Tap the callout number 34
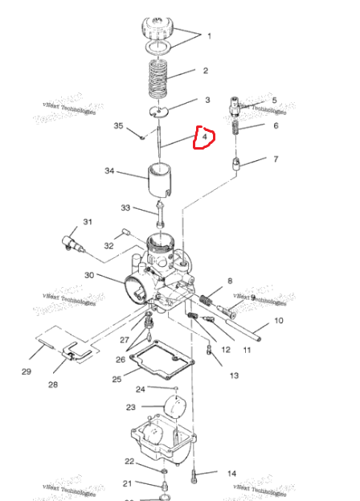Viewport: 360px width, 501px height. point(110,171)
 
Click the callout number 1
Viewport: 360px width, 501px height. point(209,36)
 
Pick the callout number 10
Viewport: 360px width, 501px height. point(279,321)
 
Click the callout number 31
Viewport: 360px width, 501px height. point(88,222)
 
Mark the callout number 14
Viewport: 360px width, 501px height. point(231,474)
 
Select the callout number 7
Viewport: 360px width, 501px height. point(275,159)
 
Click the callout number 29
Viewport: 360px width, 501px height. point(27,372)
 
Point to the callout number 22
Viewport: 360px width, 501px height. point(129,462)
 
